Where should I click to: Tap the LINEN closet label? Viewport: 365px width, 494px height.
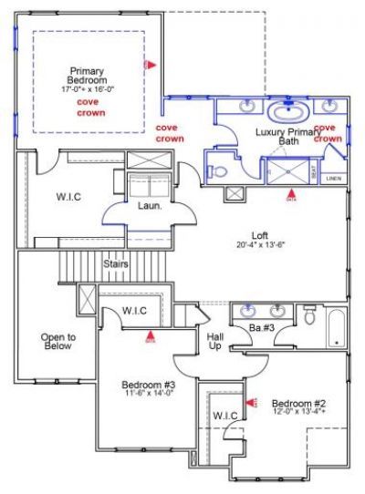334,179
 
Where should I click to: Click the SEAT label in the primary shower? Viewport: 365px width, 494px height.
315,170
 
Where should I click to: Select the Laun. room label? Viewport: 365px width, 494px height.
150,206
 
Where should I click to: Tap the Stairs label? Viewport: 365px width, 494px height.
115,264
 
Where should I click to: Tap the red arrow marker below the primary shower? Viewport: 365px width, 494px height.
290,193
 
